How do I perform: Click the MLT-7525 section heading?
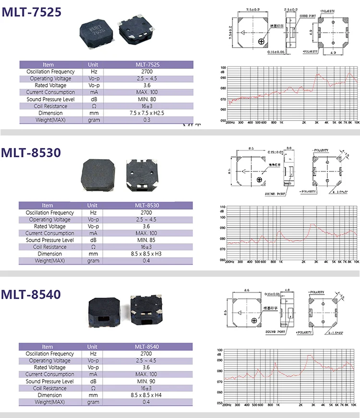click(32, 12)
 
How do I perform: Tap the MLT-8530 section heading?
click(32, 153)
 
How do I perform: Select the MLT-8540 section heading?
click(32, 294)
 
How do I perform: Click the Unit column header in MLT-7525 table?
click(93, 64)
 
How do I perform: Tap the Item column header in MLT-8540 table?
click(48, 346)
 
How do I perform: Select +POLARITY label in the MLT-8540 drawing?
click(304, 332)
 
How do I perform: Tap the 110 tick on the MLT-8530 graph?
click(222, 207)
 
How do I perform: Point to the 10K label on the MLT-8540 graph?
click(356, 405)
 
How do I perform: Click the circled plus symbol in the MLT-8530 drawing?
click(260, 179)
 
